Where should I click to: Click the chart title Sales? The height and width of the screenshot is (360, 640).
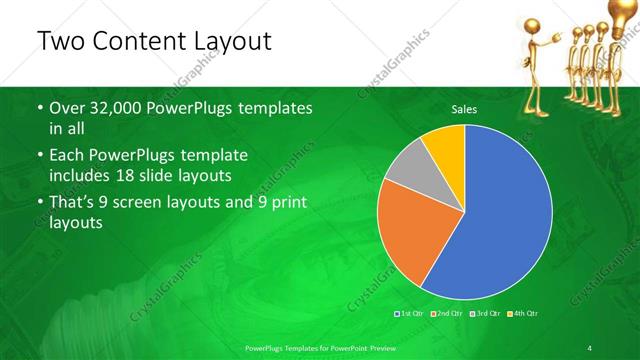(x=464, y=109)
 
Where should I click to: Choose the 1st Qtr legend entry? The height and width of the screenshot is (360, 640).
(x=411, y=314)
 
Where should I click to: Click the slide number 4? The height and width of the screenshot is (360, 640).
(x=590, y=347)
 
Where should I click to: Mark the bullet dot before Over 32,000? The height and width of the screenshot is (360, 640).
(x=39, y=108)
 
